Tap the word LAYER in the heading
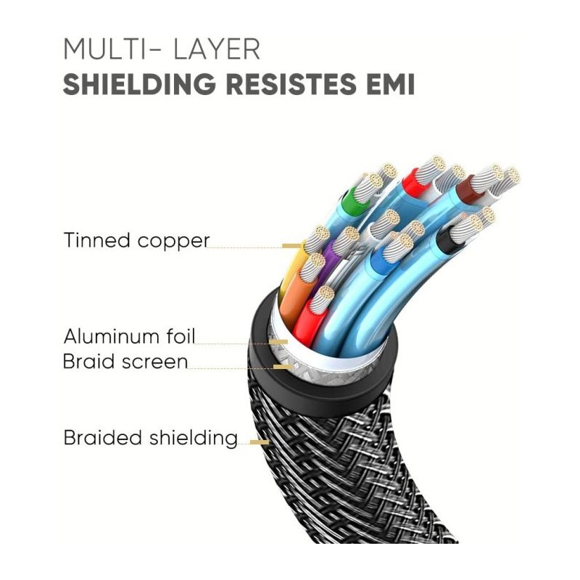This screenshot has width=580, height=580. coord(217,49)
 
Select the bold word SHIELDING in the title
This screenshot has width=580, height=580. coord(139,84)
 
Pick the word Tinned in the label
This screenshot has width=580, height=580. coord(97,240)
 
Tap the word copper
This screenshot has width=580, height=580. coord(173,241)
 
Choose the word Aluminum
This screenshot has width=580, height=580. coord(110,336)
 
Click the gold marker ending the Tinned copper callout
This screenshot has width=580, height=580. coord(292,246)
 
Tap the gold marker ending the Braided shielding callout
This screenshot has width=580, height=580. coord(260,442)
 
